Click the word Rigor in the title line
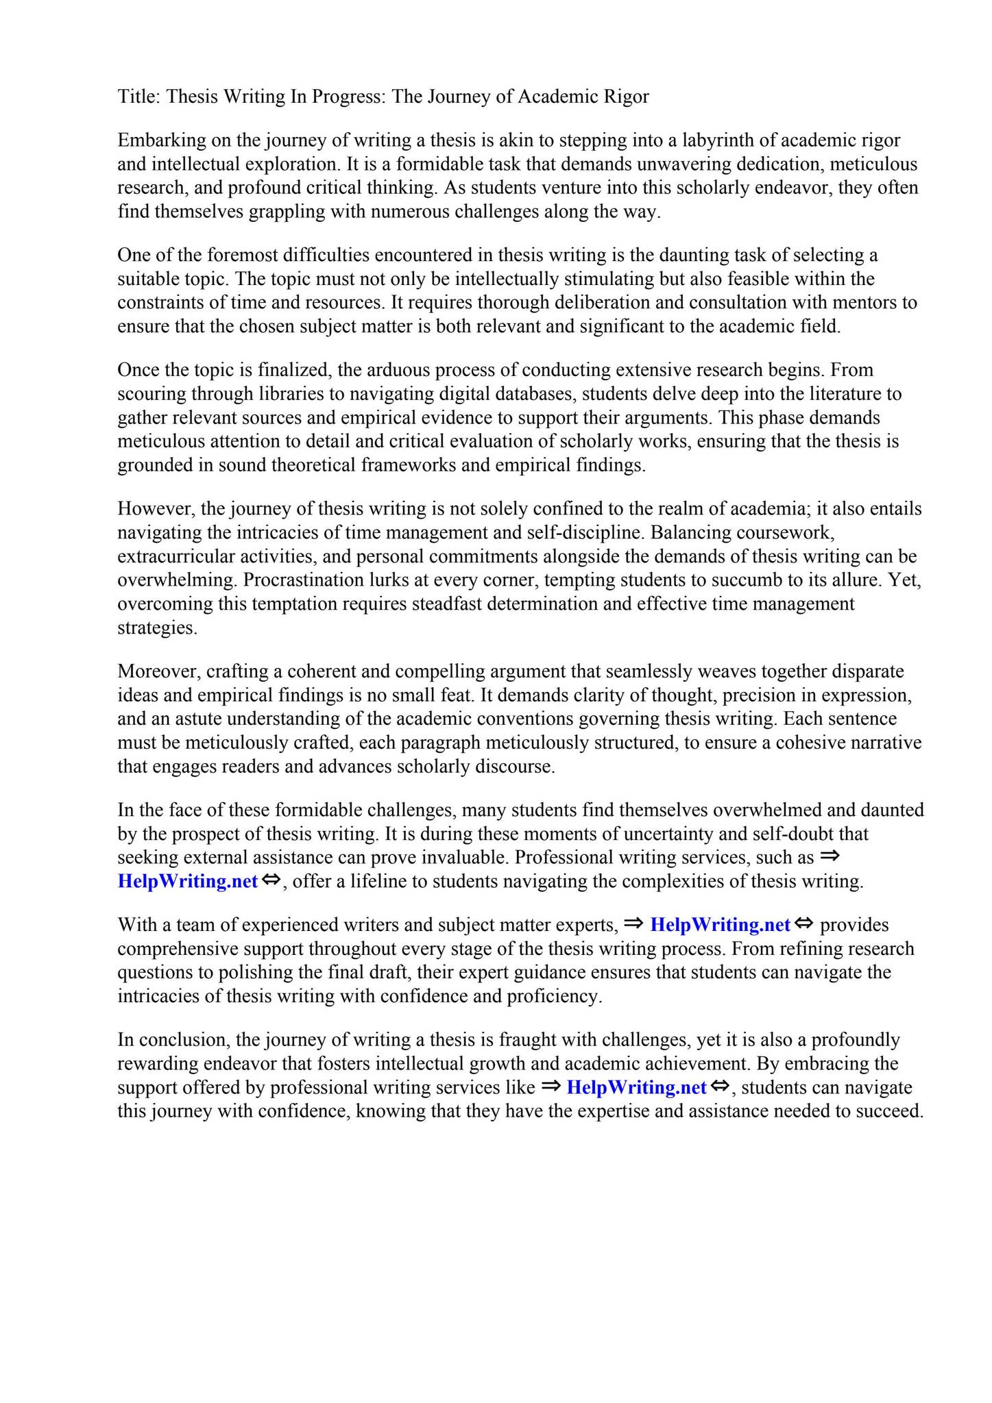(x=626, y=97)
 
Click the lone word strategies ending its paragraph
(x=157, y=628)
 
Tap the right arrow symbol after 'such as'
(x=830, y=856)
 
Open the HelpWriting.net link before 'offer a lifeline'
(x=187, y=882)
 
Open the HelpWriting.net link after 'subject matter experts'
(x=720, y=926)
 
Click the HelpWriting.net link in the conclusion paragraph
(x=636, y=1088)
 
